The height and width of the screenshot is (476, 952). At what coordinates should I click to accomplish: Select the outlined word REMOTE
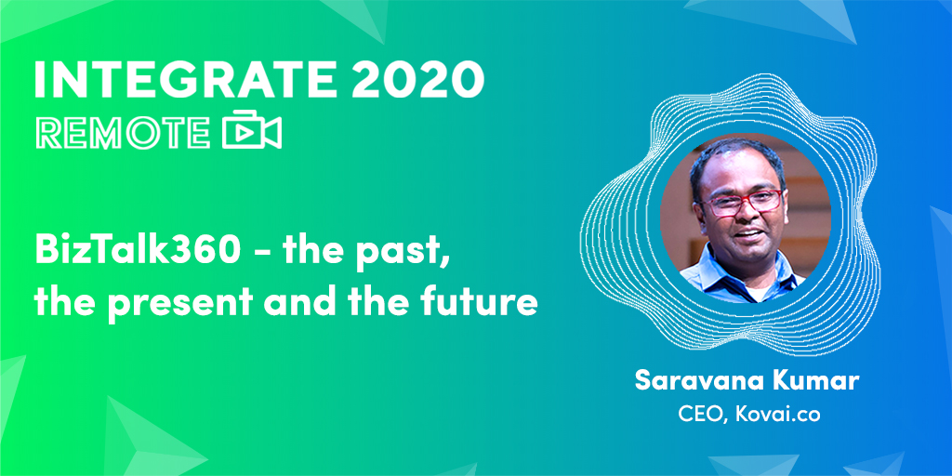pyautogui.click(x=124, y=132)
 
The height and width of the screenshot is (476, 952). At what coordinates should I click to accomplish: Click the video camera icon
pyautogui.click(x=251, y=130)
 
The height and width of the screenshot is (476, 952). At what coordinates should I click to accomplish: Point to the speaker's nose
pyautogui.click(x=747, y=214)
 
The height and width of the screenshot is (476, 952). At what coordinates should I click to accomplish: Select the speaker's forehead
pyautogui.click(x=736, y=174)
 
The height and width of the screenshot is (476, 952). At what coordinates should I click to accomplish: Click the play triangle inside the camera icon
pyautogui.click(x=243, y=134)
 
